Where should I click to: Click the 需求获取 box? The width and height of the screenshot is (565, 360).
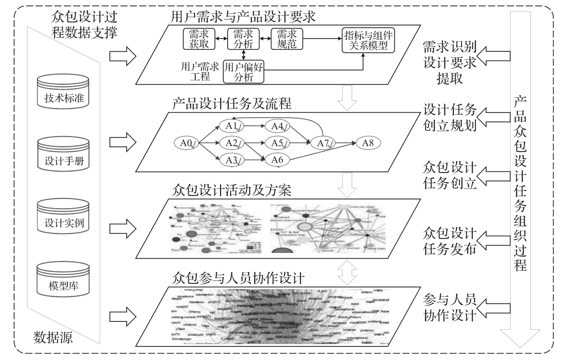pos(199,39)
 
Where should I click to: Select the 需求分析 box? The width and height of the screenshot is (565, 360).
pos(243,39)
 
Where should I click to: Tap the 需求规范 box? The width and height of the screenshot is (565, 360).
pos(286,39)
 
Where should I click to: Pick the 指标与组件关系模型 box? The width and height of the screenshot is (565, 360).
pos(368,41)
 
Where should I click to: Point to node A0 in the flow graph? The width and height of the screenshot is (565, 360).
pos(187,143)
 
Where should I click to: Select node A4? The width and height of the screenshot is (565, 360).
pos(277,126)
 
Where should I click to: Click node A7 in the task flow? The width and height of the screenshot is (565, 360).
pos(323,143)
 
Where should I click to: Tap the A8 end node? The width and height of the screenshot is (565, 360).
pos(368,143)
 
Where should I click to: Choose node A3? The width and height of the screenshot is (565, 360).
pos(232,160)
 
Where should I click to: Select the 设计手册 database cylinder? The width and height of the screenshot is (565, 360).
pos(64,155)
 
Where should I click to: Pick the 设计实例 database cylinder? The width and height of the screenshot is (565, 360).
pos(64,217)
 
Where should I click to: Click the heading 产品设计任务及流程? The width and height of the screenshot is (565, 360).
pos(232,104)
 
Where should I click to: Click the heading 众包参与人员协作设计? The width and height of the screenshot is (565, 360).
pos(238,277)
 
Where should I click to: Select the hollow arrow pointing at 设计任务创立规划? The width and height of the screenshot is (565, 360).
pos(493,116)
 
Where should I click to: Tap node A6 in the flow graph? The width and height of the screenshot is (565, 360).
pos(277,160)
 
